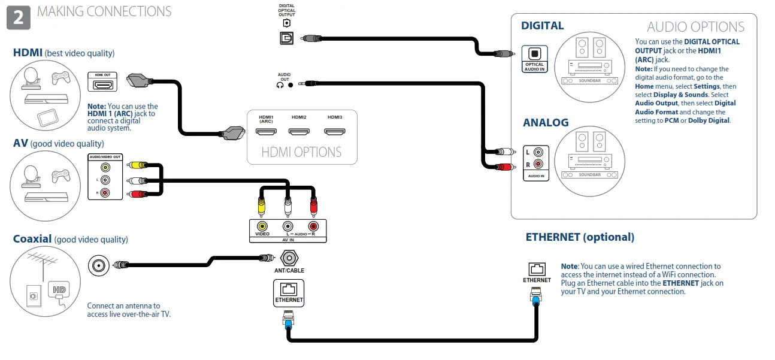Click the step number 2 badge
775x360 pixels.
point(18,17)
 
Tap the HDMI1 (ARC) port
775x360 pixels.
point(266,131)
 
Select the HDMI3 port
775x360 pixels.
point(334,131)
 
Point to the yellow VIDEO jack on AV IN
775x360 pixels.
point(262,226)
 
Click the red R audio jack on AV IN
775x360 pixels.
point(313,226)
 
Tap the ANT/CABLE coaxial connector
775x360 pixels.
point(290,258)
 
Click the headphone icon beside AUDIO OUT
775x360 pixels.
point(280,85)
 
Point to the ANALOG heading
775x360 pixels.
point(546,123)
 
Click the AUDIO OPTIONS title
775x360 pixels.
point(695,27)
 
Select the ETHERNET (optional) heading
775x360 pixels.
point(579,237)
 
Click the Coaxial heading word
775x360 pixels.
point(32,239)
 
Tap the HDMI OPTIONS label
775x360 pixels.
point(301,152)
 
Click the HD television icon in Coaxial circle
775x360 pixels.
point(59,290)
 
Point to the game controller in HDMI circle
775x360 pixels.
point(60,77)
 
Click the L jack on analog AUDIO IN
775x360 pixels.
point(538,153)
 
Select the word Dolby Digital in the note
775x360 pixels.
point(709,120)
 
